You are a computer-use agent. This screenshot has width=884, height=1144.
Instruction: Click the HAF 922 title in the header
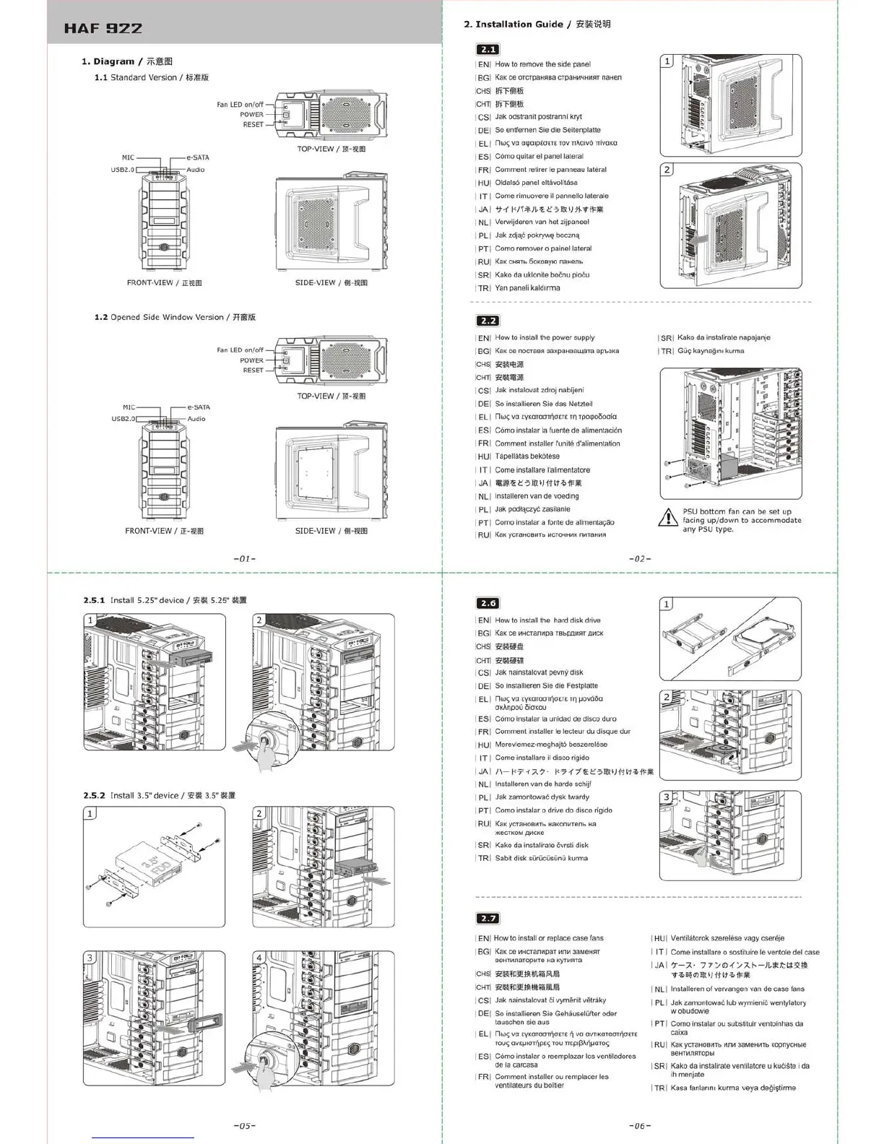pos(103,29)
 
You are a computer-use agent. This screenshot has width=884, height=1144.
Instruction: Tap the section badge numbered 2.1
pos(488,49)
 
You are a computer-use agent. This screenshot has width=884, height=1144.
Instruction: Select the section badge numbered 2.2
pos(488,321)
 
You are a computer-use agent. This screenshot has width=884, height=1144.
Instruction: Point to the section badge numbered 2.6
pos(488,603)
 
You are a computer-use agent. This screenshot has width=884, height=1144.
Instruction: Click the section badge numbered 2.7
pos(488,918)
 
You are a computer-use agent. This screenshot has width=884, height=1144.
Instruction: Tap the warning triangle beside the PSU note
pos(668,518)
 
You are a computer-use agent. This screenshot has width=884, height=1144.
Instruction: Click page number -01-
pos(245,558)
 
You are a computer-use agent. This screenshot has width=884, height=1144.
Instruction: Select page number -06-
pos(640,1125)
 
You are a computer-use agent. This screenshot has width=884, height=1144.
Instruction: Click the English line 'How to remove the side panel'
pos(542,64)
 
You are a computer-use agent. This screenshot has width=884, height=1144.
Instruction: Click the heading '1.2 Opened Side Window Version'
pos(175,317)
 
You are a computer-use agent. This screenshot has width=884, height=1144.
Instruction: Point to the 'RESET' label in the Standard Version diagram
pos(253,124)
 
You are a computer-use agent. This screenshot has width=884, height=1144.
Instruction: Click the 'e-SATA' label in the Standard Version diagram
pos(198,157)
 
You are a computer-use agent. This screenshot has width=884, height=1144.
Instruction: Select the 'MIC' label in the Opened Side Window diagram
pos(129,407)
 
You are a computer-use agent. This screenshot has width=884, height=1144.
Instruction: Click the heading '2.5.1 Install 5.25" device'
pos(165,600)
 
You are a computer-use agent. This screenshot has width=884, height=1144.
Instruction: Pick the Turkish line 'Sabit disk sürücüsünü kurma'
pos(541,858)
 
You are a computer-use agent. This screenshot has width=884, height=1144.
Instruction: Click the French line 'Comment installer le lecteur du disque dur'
pos(562,732)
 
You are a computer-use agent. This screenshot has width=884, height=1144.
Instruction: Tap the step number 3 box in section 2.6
pos(667,797)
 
